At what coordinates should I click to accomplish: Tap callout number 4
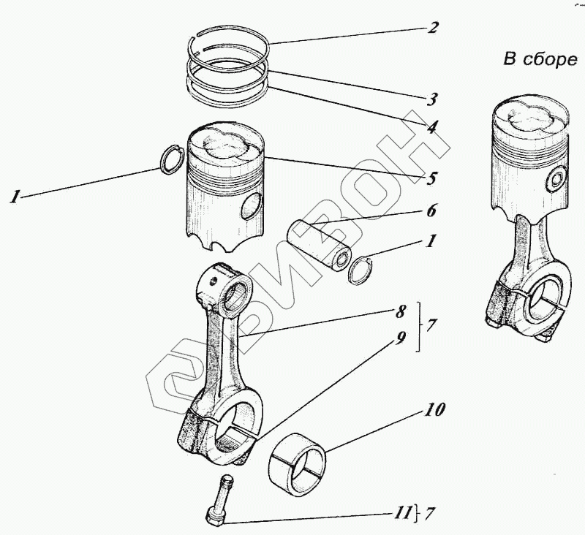click(433, 126)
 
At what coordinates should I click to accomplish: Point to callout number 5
click(432, 178)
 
